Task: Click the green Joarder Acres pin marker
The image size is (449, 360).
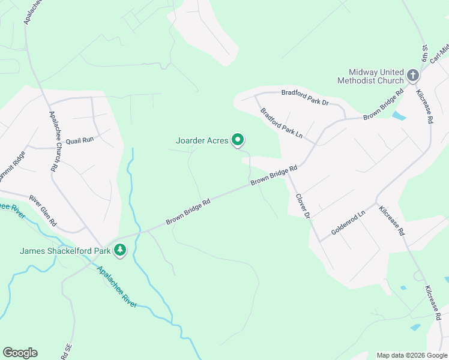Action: [238, 140]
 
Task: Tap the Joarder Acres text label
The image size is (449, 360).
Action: [202, 141]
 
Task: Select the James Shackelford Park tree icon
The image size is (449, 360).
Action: [120, 250]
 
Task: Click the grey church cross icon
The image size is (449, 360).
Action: [413, 75]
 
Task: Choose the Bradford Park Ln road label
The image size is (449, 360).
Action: [282, 122]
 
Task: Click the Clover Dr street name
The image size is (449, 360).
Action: [302, 205]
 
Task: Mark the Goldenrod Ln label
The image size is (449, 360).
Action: [348, 223]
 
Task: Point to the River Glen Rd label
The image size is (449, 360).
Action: [43, 209]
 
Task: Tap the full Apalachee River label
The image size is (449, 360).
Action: [117, 287]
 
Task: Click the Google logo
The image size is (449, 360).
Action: [20, 353]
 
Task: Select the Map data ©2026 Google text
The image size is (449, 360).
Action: [412, 355]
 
